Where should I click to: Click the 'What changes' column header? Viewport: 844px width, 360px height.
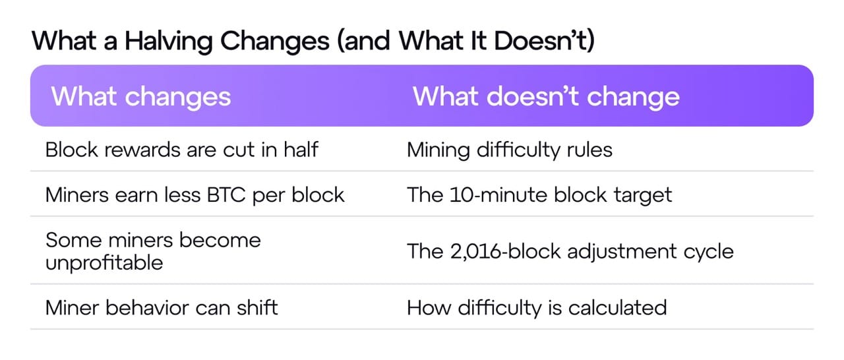(141, 97)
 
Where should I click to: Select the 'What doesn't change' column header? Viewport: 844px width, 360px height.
(546, 97)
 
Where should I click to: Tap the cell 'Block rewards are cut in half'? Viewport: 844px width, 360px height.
(181, 150)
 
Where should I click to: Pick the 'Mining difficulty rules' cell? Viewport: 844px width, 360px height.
(510, 150)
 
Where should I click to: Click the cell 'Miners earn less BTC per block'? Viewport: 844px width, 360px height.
(195, 195)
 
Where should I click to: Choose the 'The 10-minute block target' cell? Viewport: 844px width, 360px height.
(539, 195)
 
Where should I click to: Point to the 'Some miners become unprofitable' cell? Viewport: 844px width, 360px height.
(153, 251)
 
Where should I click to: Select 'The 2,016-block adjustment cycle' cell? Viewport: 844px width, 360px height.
(570, 251)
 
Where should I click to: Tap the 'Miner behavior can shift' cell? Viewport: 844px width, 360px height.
(162, 308)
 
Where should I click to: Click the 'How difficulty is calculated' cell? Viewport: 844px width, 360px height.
(537, 308)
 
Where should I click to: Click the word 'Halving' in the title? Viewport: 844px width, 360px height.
(168, 41)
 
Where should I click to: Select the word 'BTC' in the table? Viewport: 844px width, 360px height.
(226, 195)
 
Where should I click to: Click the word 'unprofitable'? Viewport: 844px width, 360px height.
(104, 262)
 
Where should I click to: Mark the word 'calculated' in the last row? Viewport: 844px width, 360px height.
(618, 308)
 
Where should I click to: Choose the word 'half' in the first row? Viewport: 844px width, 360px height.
(301, 150)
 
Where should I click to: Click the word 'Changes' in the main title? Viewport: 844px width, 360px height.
(275, 41)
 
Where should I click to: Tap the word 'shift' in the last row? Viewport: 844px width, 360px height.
(257, 308)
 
